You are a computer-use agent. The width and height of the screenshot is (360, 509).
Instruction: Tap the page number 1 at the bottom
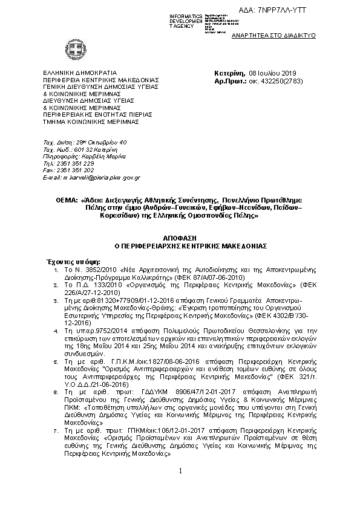(180, 487)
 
